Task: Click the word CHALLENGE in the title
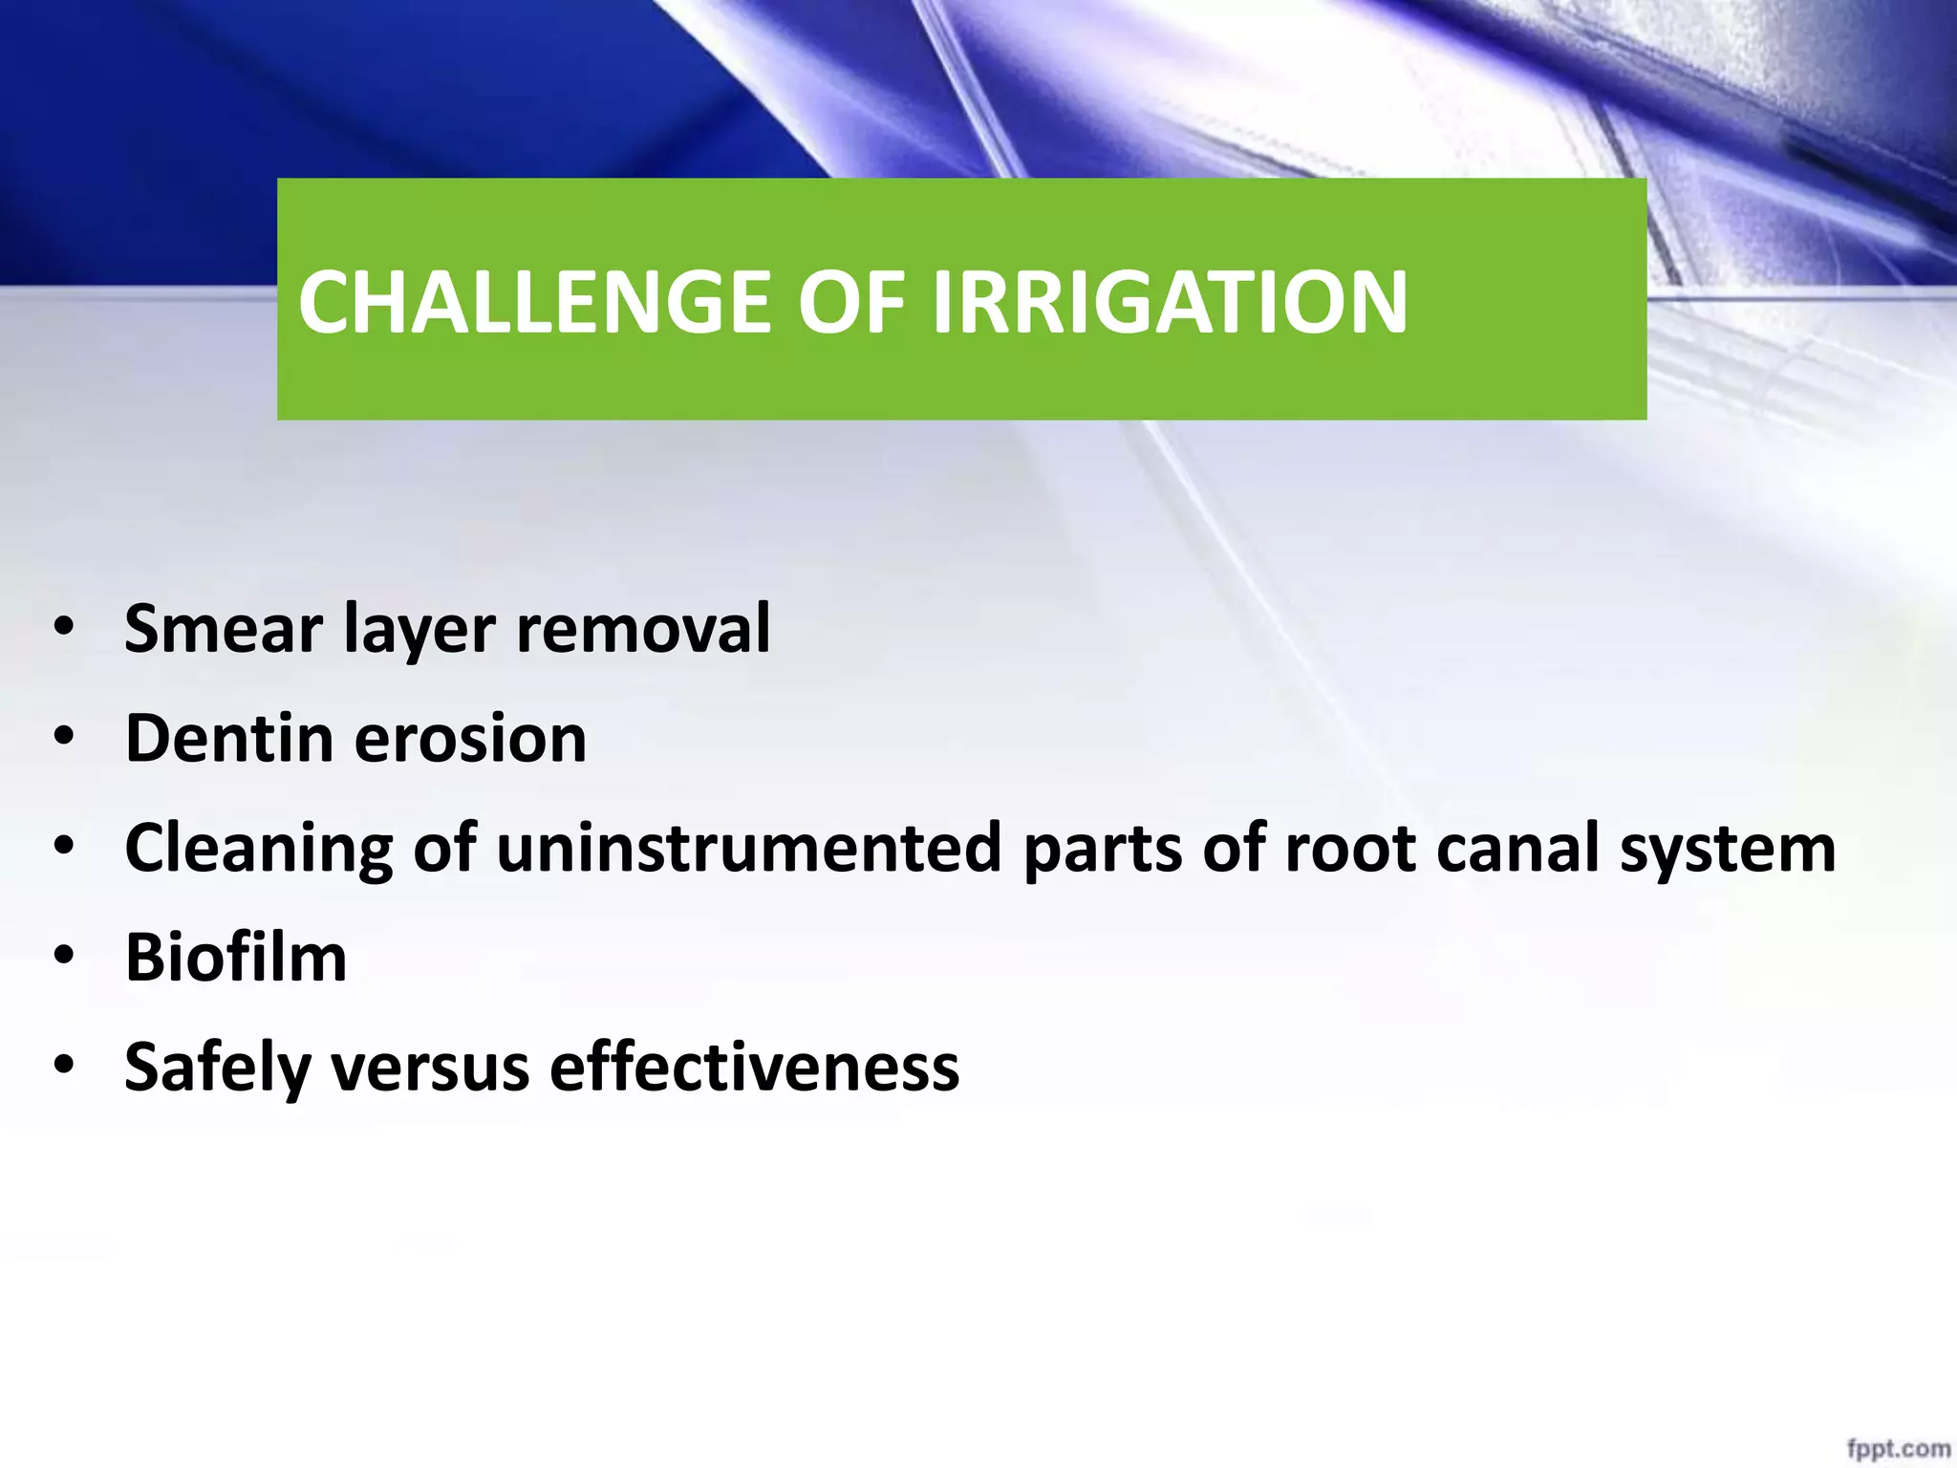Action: [534, 302]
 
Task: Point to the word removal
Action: [642, 629]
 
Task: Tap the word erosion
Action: [470, 739]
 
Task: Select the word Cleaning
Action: [258, 849]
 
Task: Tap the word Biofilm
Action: [236, 957]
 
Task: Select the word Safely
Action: [218, 1067]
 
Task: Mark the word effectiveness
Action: [754, 1067]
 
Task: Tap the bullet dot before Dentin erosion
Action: [64, 738]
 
